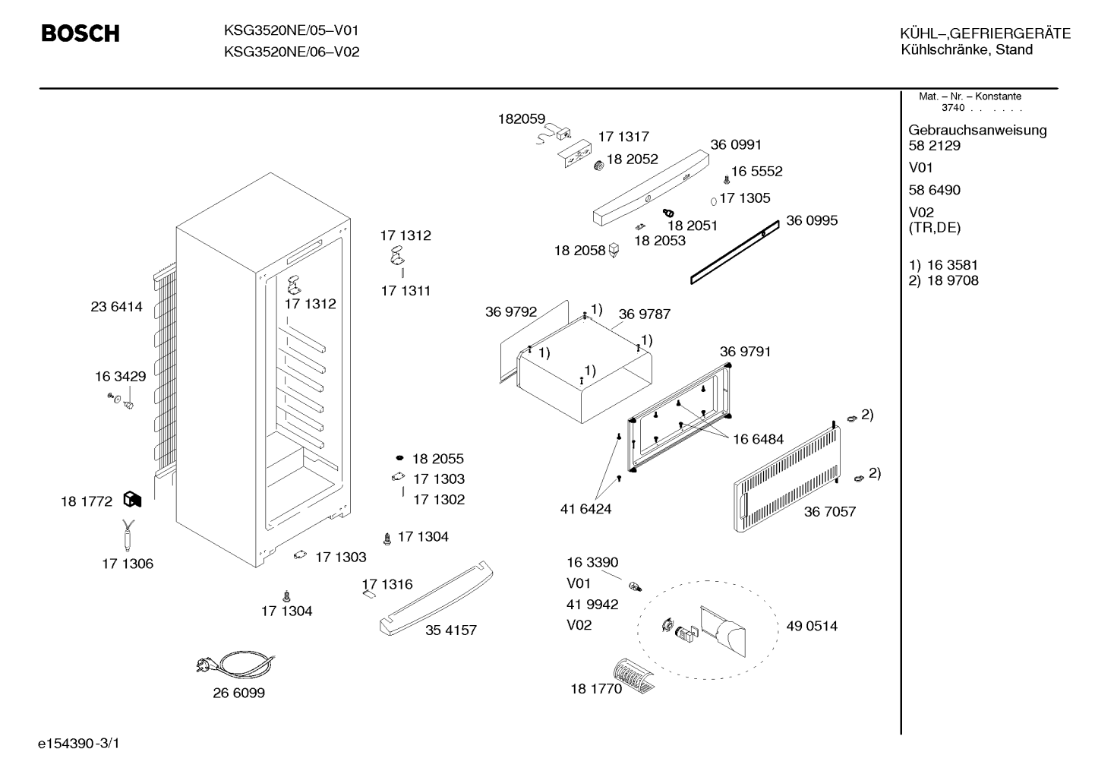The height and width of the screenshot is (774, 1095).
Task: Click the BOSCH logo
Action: pos(80,33)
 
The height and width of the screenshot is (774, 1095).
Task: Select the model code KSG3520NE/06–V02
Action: pos(292,52)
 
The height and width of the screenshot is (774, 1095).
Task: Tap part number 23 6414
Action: pos(116,307)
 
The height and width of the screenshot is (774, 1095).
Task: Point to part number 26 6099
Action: pos(238,693)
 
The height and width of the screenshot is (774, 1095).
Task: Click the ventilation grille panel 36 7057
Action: pos(787,479)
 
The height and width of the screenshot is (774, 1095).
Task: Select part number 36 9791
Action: pos(745,352)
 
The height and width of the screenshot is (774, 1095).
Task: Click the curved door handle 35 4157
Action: pos(436,598)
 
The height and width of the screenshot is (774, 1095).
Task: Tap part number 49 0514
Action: pos(812,626)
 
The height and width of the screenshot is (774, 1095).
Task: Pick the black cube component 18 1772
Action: pos(132,500)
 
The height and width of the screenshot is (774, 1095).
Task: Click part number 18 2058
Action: pos(579,251)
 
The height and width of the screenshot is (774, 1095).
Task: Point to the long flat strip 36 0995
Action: pos(735,252)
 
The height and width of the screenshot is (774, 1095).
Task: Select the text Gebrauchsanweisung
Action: pos(977,131)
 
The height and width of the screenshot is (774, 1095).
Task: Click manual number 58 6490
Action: pos(934,190)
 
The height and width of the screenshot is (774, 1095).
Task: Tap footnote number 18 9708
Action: pos(953,280)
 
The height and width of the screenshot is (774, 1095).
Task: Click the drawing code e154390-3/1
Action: pos(79,744)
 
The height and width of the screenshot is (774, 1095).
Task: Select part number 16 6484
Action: pos(758,439)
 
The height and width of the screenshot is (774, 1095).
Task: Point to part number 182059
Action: pos(521,118)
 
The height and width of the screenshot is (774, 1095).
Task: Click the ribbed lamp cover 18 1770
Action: pos(633,675)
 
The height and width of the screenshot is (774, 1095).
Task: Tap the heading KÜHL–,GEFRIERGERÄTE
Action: pos(986,33)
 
